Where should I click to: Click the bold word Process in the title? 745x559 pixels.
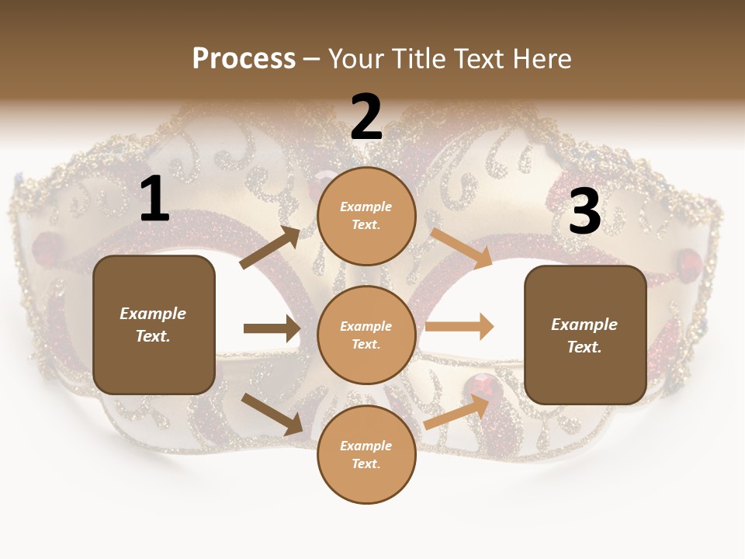[x=244, y=58]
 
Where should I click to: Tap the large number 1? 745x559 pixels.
[x=154, y=200]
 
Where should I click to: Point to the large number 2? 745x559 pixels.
[x=366, y=117]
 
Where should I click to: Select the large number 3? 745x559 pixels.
[x=584, y=212]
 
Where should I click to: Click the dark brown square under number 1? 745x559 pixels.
[x=154, y=325]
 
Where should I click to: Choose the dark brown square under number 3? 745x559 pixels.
[x=585, y=335]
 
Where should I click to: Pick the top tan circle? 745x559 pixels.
[x=366, y=216]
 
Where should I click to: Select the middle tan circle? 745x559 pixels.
[x=366, y=335]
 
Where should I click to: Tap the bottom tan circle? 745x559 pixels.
[x=366, y=454]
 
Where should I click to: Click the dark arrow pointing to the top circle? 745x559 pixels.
[x=270, y=248]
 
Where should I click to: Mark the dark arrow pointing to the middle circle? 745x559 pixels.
[x=272, y=328]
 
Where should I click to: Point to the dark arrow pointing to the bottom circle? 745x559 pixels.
[x=272, y=414]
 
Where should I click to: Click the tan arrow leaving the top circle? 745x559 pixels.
[x=461, y=248]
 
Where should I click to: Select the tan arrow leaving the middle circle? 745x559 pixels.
[x=459, y=326]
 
